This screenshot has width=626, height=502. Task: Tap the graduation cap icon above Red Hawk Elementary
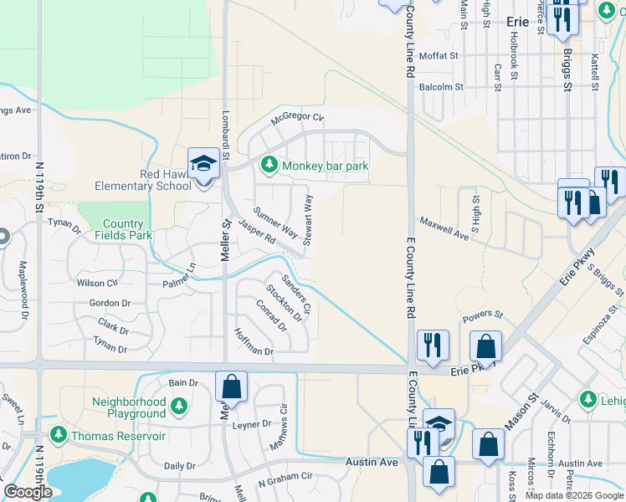[x=203, y=163]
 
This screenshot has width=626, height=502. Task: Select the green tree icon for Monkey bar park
[x=269, y=166]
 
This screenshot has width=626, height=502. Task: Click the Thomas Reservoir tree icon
[x=58, y=435]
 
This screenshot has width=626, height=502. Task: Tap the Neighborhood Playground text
[x=129, y=408]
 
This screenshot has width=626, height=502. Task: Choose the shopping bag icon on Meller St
[x=232, y=387]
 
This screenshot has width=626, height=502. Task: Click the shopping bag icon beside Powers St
[x=485, y=346]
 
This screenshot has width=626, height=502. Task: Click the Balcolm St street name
[x=441, y=86]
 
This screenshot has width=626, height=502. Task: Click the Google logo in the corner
[x=28, y=492]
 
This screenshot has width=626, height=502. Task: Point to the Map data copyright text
[x=574, y=495]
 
